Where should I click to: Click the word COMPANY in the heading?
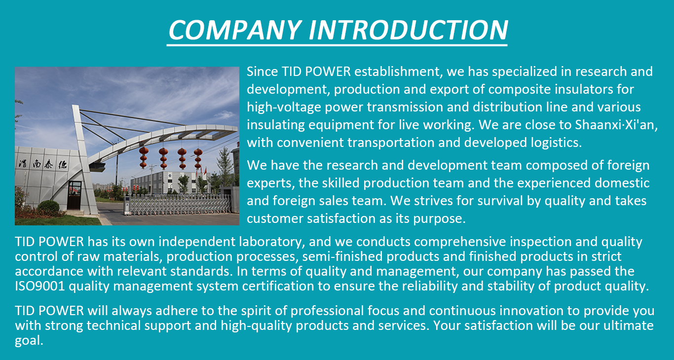(235, 30)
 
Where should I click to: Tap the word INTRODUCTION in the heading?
(409, 30)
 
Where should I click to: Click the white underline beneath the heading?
(337, 45)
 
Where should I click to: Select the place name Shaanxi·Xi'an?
(616, 124)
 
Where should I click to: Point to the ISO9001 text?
(39, 286)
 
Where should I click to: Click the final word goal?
(29, 341)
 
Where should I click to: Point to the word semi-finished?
(342, 256)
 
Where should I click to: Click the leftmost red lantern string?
(144, 156)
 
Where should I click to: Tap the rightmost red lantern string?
(198, 158)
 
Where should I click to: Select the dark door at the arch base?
(74, 195)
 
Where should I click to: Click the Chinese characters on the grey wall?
(43, 164)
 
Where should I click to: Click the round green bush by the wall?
(48, 207)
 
